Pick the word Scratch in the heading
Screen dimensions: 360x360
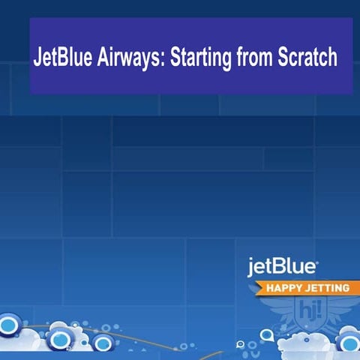307,58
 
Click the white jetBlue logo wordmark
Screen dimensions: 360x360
282,266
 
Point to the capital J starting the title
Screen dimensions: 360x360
37,58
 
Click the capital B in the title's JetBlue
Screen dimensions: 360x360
65,58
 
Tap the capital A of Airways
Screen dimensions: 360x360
103,58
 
